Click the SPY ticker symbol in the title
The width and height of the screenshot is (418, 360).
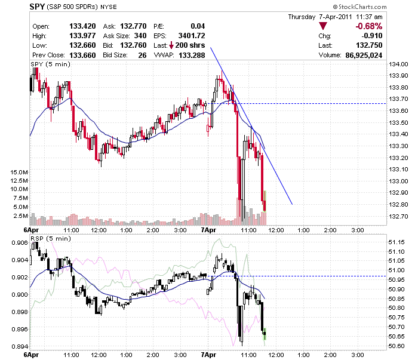(37, 7)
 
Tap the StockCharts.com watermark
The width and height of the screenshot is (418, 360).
(359, 7)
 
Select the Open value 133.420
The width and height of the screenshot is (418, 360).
(82, 26)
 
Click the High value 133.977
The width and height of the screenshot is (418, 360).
(82, 36)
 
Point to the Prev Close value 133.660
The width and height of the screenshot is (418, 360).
(82, 55)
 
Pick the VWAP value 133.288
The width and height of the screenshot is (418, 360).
(192, 55)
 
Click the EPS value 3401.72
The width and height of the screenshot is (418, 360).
(192, 36)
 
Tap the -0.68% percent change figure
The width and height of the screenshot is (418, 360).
(368, 26)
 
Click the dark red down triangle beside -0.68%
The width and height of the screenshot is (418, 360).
(323, 26)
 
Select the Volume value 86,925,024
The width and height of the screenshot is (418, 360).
(364, 55)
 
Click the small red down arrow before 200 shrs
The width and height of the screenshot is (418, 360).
(171, 45)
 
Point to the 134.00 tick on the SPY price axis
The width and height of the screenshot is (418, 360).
(398, 64)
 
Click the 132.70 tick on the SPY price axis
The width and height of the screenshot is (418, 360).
(398, 216)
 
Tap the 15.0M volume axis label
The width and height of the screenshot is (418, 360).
(19, 172)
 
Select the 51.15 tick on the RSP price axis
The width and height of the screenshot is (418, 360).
(397, 242)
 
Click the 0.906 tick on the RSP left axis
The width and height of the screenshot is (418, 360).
(20, 242)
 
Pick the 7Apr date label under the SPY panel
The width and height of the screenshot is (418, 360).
(208, 230)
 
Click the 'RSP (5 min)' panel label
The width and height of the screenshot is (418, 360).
(51, 238)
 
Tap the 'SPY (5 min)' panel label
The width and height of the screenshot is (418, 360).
(50, 64)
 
